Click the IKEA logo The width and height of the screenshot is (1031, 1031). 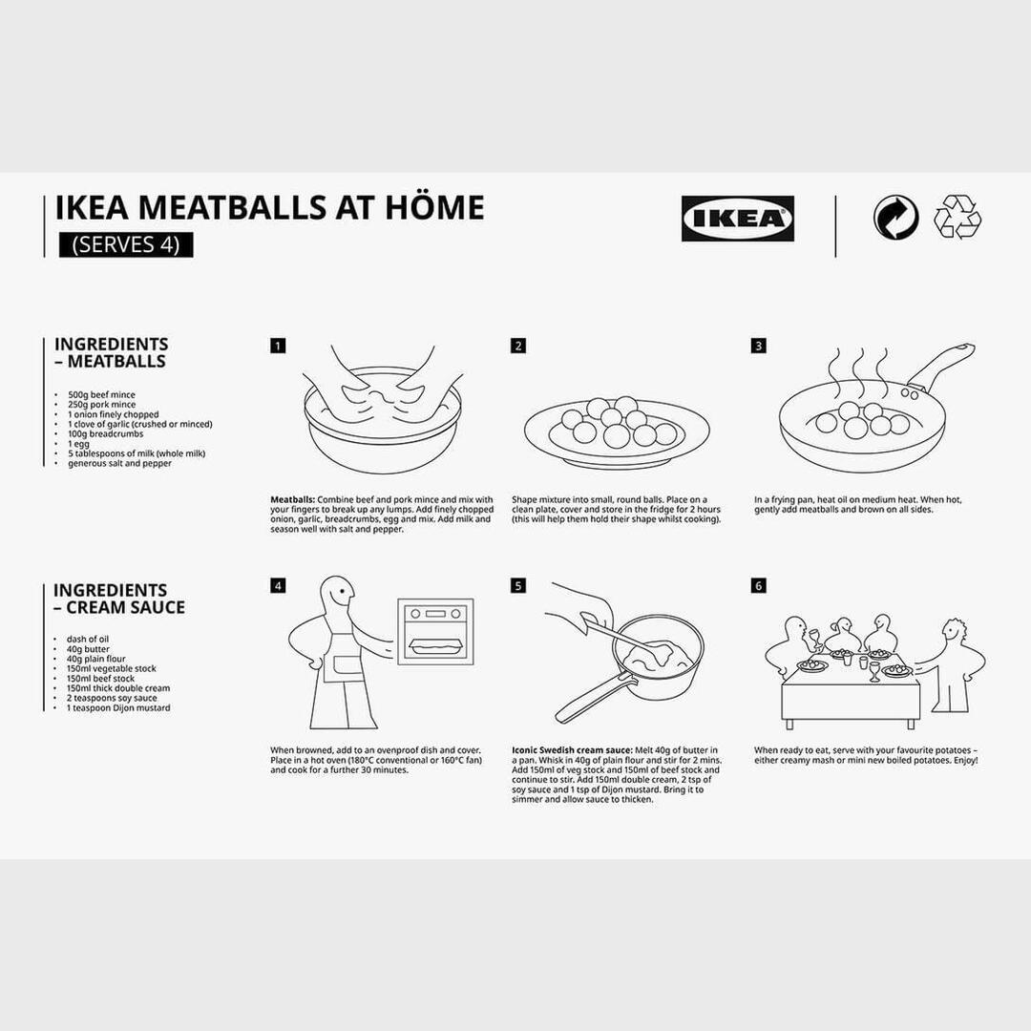click(x=737, y=219)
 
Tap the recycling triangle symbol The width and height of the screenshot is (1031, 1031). click(x=957, y=217)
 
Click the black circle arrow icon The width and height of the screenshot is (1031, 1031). click(x=895, y=218)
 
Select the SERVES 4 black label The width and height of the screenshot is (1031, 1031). click(x=126, y=244)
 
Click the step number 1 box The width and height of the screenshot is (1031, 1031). click(x=278, y=346)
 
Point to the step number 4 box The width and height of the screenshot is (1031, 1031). click(x=278, y=585)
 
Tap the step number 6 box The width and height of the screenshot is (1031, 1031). click(x=759, y=585)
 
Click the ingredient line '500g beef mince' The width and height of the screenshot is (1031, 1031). click(x=101, y=394)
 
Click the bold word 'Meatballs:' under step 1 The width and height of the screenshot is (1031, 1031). click(x=292, y=499)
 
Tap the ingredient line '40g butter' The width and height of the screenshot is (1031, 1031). click(x=88, y=649)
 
